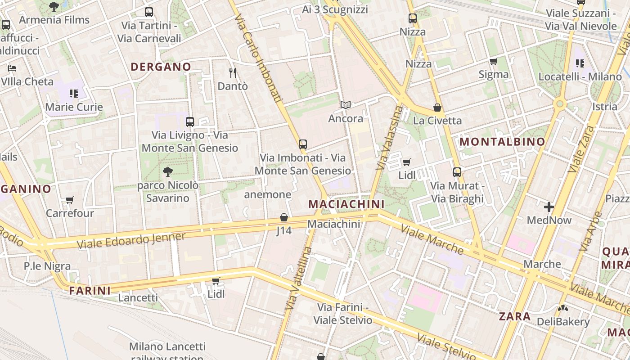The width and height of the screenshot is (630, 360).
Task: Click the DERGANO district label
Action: (161, 67)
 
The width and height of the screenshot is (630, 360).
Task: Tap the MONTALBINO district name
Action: (502, 142)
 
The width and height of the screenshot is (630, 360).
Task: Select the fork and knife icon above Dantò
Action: (233, 72)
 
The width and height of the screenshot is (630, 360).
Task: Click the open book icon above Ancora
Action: (345, 105)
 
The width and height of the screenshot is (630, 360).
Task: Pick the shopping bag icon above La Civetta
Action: (437, 108)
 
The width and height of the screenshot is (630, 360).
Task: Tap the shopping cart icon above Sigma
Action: (494, 61)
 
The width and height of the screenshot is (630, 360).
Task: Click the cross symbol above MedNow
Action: (549, 207)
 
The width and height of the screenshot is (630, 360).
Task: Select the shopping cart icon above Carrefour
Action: (69, 200)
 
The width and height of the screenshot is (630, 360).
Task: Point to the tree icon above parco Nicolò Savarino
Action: (168, 171)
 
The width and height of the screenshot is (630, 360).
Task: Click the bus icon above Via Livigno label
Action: (189, 121)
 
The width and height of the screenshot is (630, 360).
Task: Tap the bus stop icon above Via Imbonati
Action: (303, 144)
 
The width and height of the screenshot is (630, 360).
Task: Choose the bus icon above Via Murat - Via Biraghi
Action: (457, 172)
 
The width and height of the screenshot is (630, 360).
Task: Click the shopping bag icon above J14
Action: (284, 218)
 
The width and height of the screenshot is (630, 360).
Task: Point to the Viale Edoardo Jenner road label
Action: (131, 240)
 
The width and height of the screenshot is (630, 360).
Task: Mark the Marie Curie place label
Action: (74, 107)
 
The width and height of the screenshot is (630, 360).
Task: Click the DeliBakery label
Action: (563, 322)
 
